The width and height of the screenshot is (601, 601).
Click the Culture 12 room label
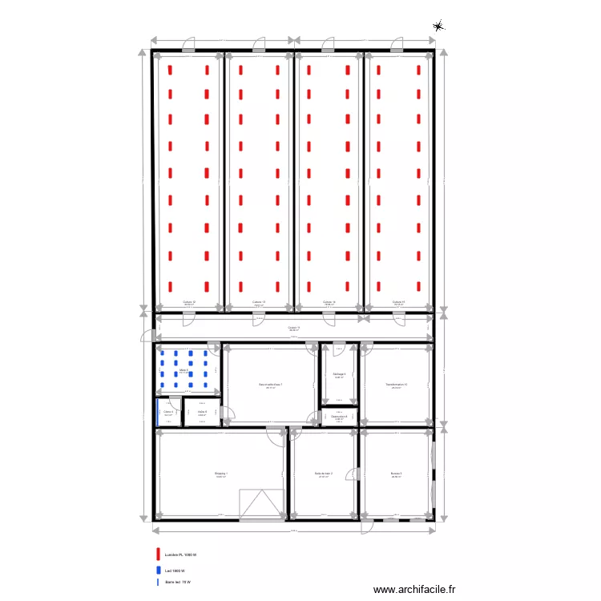click(x=189, y=302)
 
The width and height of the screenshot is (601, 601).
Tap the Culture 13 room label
click(x=259, y=302)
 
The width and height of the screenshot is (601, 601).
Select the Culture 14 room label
click(x=329, y=302)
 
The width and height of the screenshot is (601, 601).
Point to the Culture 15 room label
click(x=398, y=302)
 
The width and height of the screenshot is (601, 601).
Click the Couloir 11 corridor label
click(x=294, y=328)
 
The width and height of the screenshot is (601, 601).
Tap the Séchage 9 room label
click(x=339, y=374)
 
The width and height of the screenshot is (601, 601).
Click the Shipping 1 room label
click(x=221, y=474)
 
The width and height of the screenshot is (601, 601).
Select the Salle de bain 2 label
click(x=324, y=474)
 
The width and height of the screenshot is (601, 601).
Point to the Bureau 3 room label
click(x=396, y=474)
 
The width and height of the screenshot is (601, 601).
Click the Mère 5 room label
click(x=184, y=370)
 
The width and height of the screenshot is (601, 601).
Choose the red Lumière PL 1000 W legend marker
click(x=159, y=554)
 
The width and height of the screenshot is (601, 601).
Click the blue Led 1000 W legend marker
click(x=159, y=570)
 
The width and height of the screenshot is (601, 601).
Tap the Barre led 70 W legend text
click(x=178, y=582)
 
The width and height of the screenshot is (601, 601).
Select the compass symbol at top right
click(x=438, y=26)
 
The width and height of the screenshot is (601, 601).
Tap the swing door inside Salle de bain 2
click(x=350, y=476)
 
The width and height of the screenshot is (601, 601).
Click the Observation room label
click(x=339, y=417)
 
